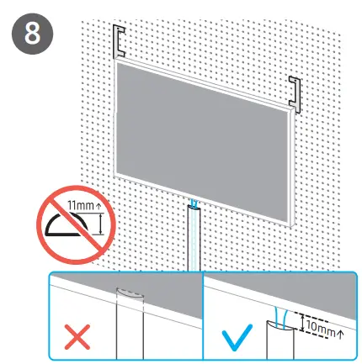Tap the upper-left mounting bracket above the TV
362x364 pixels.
pos(120,40)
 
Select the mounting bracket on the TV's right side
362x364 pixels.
pos(295,92)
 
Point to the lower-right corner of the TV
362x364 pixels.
pos(289,225)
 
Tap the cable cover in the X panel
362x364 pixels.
pos(130,324)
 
